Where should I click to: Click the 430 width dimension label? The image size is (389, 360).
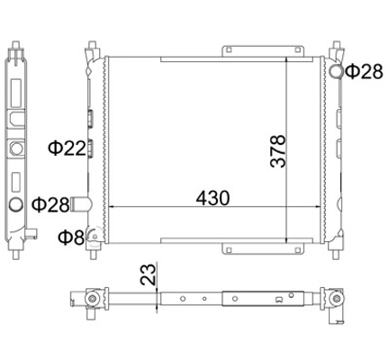tap(213, 198)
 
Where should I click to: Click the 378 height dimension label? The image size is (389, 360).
tap(278, 151)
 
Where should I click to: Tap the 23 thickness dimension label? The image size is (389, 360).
tap(149, 274)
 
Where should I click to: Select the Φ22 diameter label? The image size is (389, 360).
tap(68, 148)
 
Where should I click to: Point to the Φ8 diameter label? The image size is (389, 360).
tap(71, 238)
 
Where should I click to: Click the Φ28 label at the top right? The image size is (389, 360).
tap(364, 72)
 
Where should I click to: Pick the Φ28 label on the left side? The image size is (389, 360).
tap(50, 205)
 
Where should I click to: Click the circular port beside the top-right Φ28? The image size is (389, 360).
tap(337, 71)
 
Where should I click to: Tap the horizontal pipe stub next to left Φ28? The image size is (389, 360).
tap(80, 204)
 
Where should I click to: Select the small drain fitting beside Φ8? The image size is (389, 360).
tap(94, 236)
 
